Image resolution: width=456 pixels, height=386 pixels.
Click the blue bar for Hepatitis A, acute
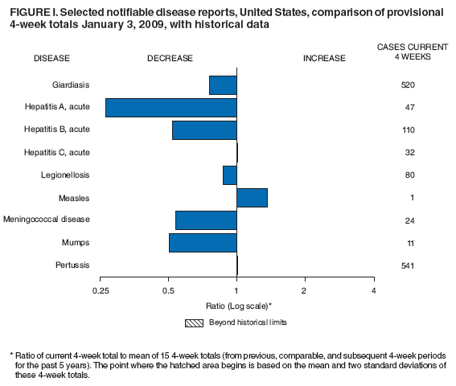pos(170,107)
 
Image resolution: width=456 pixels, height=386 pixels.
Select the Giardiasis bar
pos(223,84)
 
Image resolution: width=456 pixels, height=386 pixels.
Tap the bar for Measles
pos(252,198)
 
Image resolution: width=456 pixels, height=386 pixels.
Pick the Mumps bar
pos(203,242)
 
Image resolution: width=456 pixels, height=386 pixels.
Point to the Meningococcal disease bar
pos(206,220)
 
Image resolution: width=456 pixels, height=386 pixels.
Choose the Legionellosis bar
pos(230,175)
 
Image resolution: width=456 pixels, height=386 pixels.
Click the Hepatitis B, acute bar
pos(204,129)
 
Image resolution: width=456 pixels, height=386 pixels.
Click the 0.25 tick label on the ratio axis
pos(101,289)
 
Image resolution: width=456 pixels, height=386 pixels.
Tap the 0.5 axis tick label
pos(168,289)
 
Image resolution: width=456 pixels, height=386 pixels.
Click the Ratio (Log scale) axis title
pos(238,306)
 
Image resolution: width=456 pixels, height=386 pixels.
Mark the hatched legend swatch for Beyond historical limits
pos(194,322)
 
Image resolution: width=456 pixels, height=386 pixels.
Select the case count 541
pos(406,265)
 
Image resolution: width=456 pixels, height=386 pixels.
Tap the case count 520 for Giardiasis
pos(406,84)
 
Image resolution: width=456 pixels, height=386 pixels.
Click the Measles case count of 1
pos(406,198)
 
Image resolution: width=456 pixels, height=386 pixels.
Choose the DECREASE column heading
pos(170,58)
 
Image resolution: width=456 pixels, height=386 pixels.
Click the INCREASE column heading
pos(324,58)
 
